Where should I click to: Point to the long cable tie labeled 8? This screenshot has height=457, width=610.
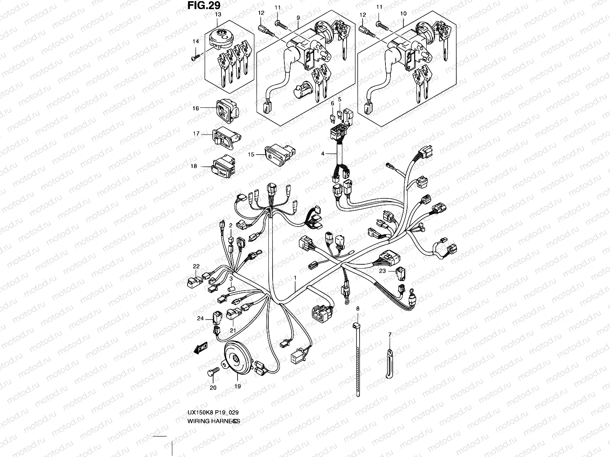pyautogui.click(x=357, y=358)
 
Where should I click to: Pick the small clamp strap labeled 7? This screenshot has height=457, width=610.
pyautogui.click(x=389, y=363)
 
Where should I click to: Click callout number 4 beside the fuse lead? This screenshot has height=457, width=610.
pyautogui.click(x=323, y=153)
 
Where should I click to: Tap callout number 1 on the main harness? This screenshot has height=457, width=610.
pyautogui.click(x=295, y=278)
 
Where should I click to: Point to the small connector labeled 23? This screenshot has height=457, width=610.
pyautogui.click(x=400, y=271)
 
